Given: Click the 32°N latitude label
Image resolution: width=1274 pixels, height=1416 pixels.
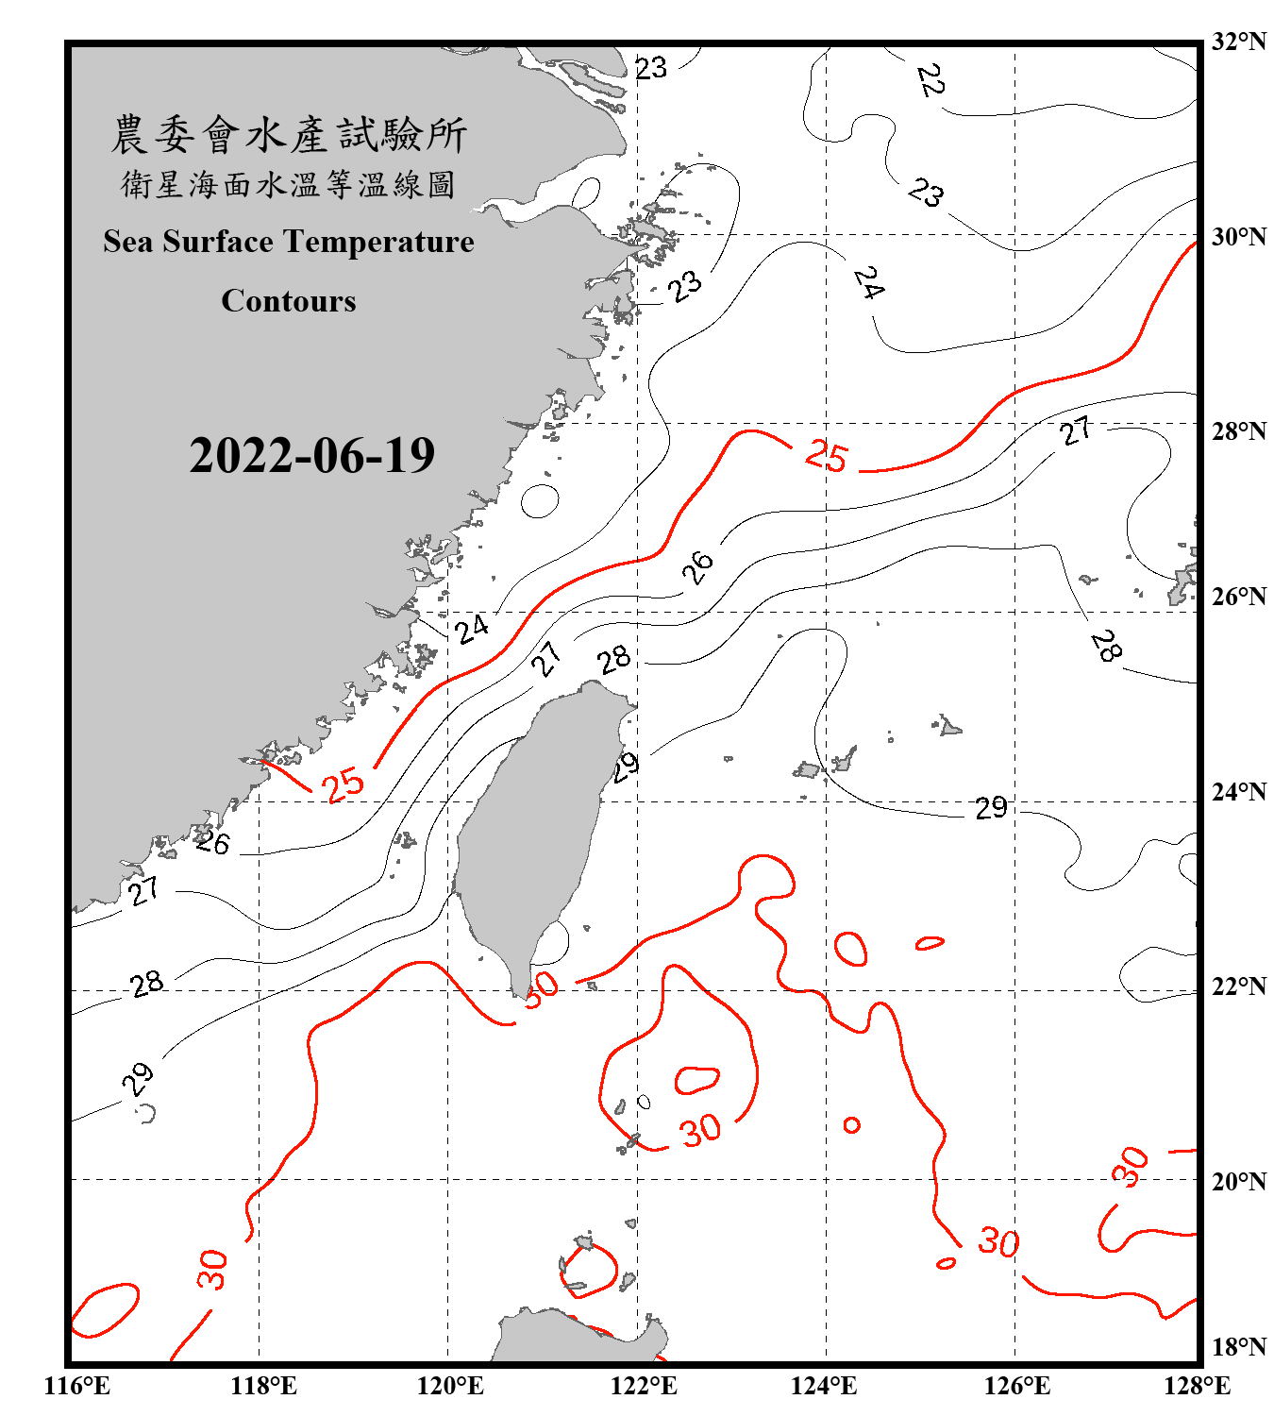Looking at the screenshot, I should [1238, 42].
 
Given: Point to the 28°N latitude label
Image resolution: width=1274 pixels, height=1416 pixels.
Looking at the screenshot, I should [1238, 431].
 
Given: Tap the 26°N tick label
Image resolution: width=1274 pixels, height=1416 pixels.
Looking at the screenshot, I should [1238, 597].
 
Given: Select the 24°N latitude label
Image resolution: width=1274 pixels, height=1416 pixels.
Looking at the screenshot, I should [1238, 792].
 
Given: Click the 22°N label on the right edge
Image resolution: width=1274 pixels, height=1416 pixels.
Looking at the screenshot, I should [1238, 986].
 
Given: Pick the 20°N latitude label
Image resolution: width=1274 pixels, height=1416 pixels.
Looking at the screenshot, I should [1238, 1181].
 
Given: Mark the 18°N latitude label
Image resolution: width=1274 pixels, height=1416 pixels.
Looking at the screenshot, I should [1238, 1347].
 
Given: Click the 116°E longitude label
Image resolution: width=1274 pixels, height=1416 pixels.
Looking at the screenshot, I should [77, 1386].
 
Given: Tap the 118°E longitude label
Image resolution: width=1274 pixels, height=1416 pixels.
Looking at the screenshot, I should [263, 1386].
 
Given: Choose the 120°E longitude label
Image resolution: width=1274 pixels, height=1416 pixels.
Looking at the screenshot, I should [450, 1386].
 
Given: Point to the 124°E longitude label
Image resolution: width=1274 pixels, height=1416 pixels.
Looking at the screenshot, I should [824, 1386].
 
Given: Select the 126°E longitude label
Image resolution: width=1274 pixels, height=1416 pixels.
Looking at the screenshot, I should [1016, 1386].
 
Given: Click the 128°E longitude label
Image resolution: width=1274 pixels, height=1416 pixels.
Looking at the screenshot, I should [1198, 1386].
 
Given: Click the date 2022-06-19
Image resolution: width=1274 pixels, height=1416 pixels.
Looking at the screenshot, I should [311, 456].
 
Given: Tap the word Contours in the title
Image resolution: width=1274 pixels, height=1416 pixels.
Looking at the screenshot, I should [289, 300].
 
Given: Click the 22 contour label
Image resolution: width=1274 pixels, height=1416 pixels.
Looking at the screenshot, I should [930, 80].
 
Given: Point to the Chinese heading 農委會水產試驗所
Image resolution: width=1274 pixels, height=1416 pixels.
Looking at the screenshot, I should [289, 135].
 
